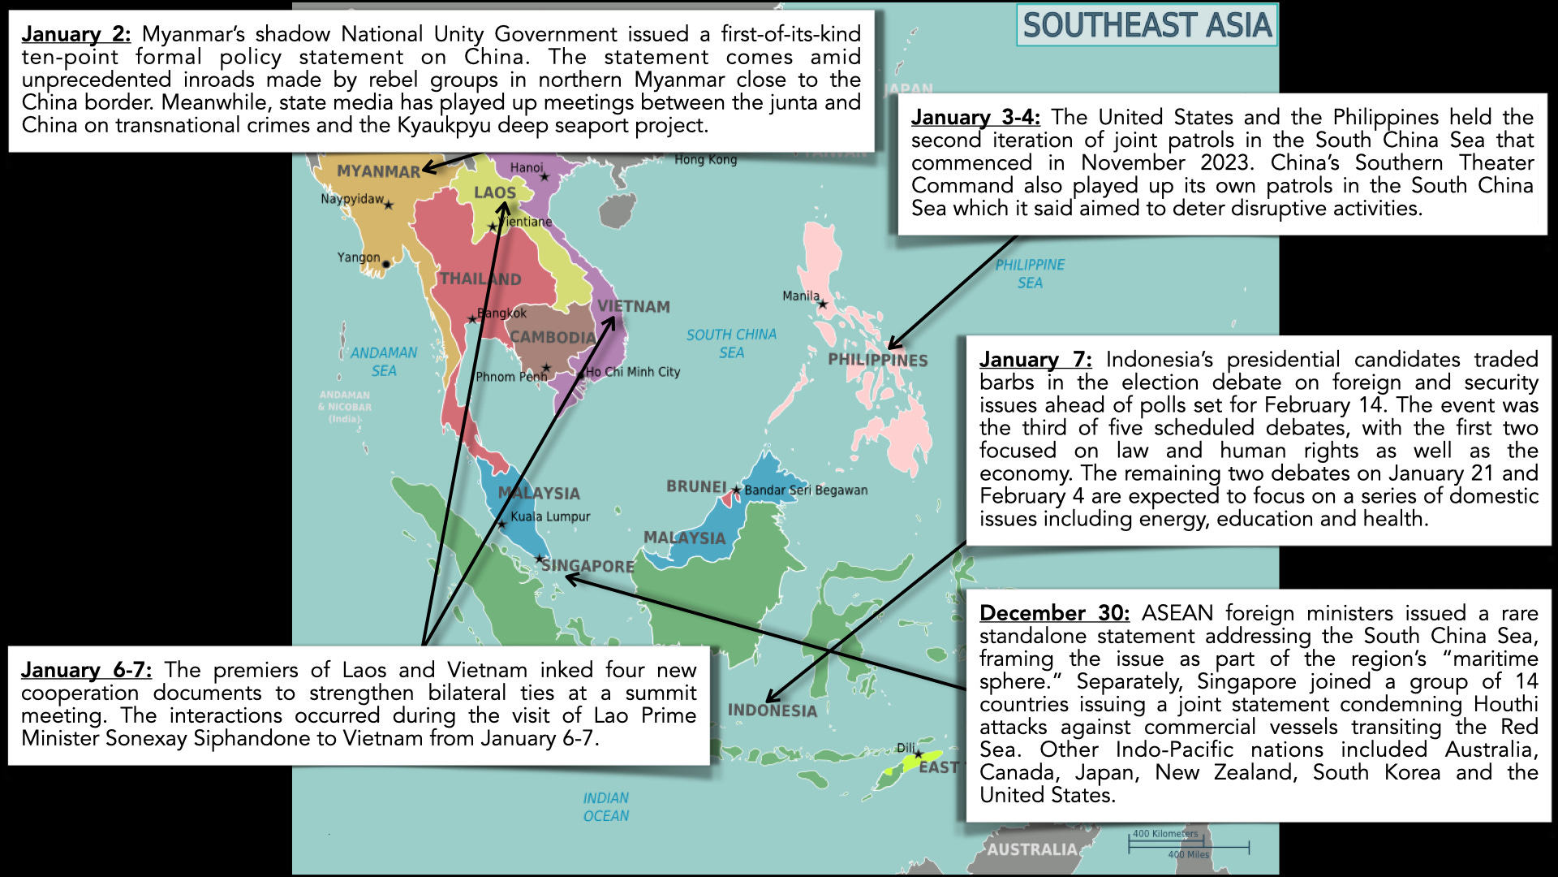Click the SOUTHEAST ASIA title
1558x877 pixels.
(1147, 25)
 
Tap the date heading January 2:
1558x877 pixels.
(75, 34)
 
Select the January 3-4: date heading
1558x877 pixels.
(975, 117)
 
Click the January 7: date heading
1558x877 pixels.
(1035, 359)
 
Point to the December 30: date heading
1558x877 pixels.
(1054, 612)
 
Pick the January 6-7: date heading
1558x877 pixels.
(86, 670)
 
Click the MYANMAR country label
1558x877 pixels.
(378, 171)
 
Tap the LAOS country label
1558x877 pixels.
(495, 192)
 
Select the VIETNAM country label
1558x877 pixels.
(634, 306)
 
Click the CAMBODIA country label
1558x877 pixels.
(553, 337)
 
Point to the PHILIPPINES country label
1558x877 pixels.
(877, 360)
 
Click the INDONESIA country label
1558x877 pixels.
(772, 711)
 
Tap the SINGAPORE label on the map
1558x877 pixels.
(587, 566)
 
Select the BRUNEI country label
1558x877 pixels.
(696, 486)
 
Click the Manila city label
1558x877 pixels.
(801, 296)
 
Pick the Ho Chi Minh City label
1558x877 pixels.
(633, 372)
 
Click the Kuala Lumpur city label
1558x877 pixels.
(550, 516)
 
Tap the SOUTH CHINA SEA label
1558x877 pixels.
(731, 343)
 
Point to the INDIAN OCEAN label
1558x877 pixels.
(606, 806)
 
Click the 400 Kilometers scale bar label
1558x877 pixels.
(1165, 834)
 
